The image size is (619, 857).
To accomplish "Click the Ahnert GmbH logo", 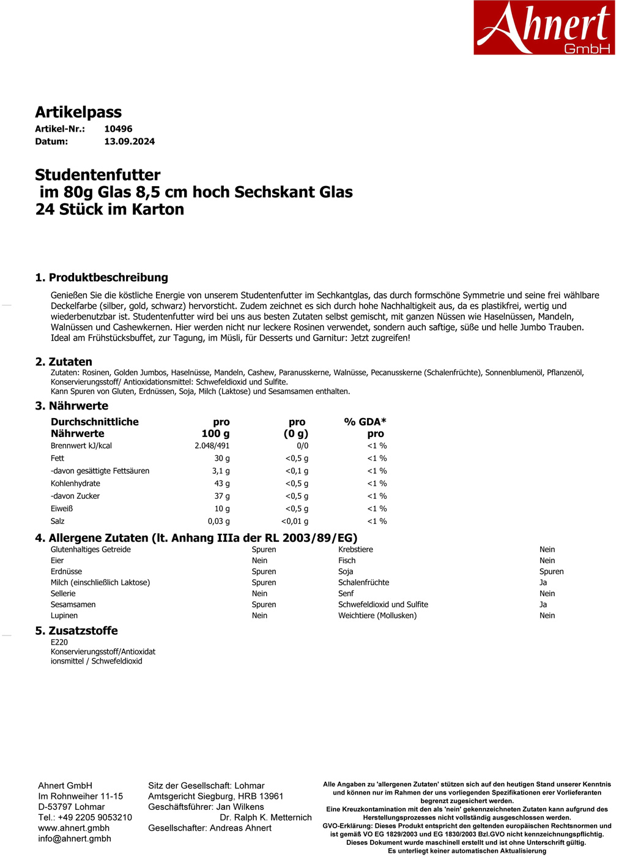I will pyautogui.click(x=544, y=28).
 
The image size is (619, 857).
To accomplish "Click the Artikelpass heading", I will pyautogui.click(x=78, y=112).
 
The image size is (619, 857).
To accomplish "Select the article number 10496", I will pyautogui.click(x=118, y=129).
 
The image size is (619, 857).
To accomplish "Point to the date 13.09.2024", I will pyautogui.click(x=129, y=141).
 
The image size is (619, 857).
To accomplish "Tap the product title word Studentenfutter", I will pyautogui.click(x=98, y=174).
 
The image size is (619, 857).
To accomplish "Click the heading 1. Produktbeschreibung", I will pyautogui.click(x=102, y=277).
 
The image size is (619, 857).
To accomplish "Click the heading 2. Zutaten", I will pyautogui.click(x=64, y=362).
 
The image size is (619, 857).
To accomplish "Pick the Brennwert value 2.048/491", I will pyautogui.click(x=212, y=446).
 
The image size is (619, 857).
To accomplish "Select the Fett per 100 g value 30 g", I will pyautogui.click(x=221, y=458).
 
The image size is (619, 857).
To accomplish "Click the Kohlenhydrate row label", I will pyautogui.click(x=75, y=484).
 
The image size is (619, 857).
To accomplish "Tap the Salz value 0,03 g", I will pyautogui.click(x=218, y=522).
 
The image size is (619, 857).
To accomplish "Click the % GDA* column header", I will pyautogui.click(x=365, y=422).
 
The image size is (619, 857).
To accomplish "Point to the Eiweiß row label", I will pyautogui.click(x=62, y=509).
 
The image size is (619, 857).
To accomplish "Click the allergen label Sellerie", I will pyautogui.click(x=63, y=594).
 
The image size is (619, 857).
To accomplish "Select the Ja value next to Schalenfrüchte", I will pyautogui.click(x=543, y=583).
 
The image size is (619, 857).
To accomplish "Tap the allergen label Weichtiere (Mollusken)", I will pyautogui.click(x=377, y=616).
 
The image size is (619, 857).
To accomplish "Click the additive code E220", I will pyautogui.click(x=59, y=642).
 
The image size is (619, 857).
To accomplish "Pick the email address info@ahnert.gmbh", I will pyautogui.click(x=75, y=839).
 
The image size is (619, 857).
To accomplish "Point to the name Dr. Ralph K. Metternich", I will pyautogui.click(x=265, y=817).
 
